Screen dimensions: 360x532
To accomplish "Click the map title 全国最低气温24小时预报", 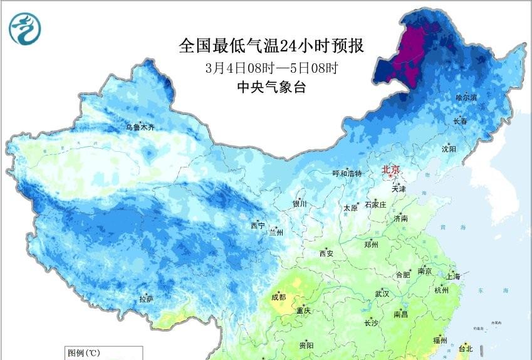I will click(x=271, y=46).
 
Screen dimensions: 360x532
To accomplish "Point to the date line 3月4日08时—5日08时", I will click(x=271, y=67).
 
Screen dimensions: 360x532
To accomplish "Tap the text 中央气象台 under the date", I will click(x=271, y=87).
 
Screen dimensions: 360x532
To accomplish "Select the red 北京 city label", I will click(x=390, y=169).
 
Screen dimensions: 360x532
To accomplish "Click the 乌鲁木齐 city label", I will click(x=139, y=127).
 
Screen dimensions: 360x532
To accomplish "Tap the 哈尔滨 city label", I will click(x=466, y=98).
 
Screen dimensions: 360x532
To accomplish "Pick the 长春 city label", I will click(x=461, y=121).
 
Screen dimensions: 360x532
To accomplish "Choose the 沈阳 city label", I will click(x=449, y=149).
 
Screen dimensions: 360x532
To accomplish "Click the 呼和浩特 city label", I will click(x=347, y=174).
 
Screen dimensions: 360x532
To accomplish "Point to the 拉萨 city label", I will click(x=146, y=300).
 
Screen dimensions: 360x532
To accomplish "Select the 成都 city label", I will click(x=279, y=297).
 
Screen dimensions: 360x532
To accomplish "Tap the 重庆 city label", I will click(x=304, y=310).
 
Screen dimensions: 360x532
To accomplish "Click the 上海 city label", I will click(x=452, y=277).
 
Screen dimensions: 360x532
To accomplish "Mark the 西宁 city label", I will click(x=258, y=225).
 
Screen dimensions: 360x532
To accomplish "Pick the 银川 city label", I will click(x=300, y=204).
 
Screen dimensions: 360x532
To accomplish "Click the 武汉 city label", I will click(x=382, y=294).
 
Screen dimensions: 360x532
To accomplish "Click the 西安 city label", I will click(x=326, y=254).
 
